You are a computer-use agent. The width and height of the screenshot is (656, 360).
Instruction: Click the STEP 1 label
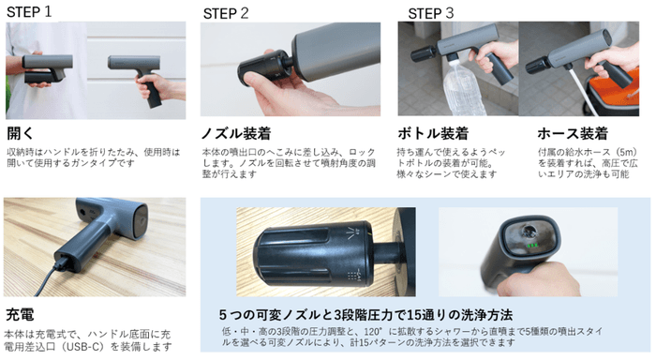pos(29,12)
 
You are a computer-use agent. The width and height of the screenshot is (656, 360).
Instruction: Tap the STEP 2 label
pos(226,13)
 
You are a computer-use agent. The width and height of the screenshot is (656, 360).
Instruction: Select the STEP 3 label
pos(430,13)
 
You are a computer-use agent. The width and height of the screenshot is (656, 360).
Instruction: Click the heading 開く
pos(20,133)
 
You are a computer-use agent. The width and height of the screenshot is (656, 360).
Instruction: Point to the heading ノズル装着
pos(236,133)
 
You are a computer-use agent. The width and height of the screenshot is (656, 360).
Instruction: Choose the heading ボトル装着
pos(433,133)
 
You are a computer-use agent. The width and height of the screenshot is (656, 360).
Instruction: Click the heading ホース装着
pos(573,133)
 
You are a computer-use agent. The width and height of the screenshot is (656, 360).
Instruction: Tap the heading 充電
pos(20,314)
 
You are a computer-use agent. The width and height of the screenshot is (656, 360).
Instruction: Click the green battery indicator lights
pos(532,246)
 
